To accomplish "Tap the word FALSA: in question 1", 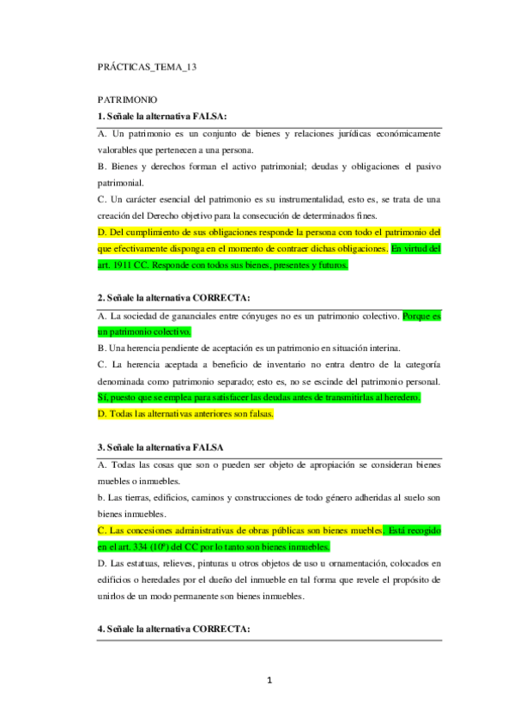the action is click(x=215, y=116).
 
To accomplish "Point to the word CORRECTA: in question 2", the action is click(x=221, y=298).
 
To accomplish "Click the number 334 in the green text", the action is click(x=143, y=546).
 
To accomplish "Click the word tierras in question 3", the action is click(x=139, y=498).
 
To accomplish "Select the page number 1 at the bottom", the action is click(x=269, y=682).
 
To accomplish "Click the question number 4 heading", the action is click(x=174, y=629).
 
